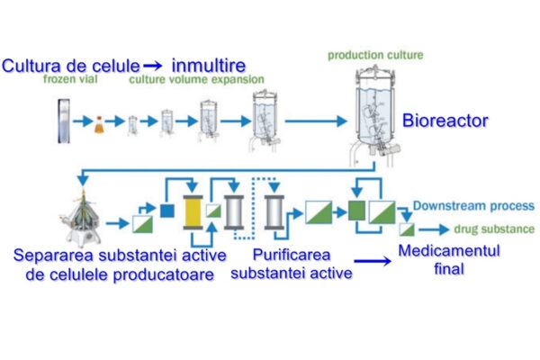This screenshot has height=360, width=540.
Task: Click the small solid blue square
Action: click(x=166, y=211)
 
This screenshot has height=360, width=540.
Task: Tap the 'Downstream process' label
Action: click(x=473, y=206)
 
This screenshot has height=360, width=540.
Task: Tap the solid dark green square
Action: click(x=356, y=212)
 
